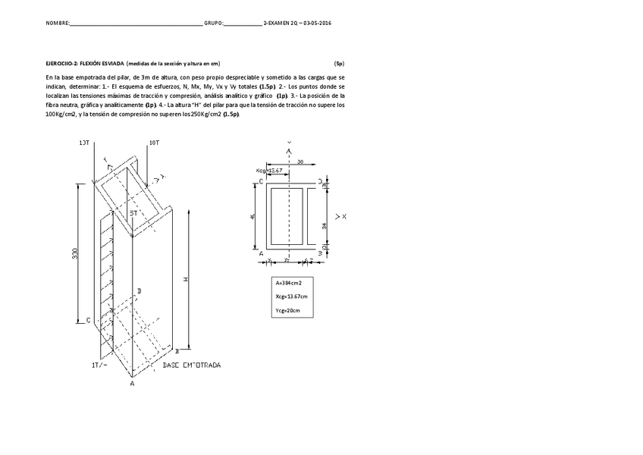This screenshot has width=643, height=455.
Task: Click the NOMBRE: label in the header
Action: (x=58, y=24)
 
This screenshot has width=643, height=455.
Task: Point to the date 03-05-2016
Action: (x=316, y=24)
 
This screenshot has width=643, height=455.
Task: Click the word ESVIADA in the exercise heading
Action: (x=110, y=64)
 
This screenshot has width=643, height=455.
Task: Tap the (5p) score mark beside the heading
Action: (x=339, y=64)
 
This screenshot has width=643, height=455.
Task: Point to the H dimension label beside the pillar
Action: (x=186, y=278)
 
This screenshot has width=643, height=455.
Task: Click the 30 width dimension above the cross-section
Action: (x=300, y=162)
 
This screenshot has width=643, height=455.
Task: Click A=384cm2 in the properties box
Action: (x=289, y=283)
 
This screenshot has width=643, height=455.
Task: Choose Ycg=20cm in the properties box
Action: (x=288, y=310)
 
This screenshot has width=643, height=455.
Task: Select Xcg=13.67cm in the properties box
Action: (x=292, y=297)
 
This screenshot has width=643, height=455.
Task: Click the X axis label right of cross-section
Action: (x=345, y=217)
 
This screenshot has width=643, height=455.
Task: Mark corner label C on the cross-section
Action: (x=261, y=182)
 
